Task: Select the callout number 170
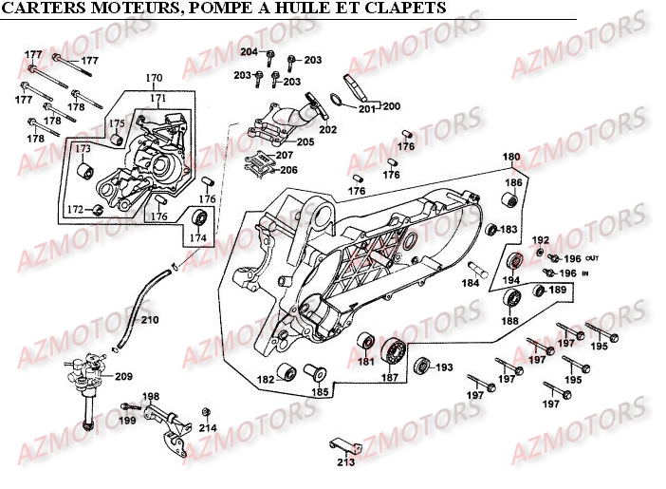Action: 154,78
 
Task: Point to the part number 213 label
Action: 345,463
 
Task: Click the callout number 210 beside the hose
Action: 150,320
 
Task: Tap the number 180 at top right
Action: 510,157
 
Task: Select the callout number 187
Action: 389,378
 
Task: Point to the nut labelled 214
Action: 205,412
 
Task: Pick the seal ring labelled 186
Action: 510,200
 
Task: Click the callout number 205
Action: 305,142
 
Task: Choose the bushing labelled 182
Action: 284,370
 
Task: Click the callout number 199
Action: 127,419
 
